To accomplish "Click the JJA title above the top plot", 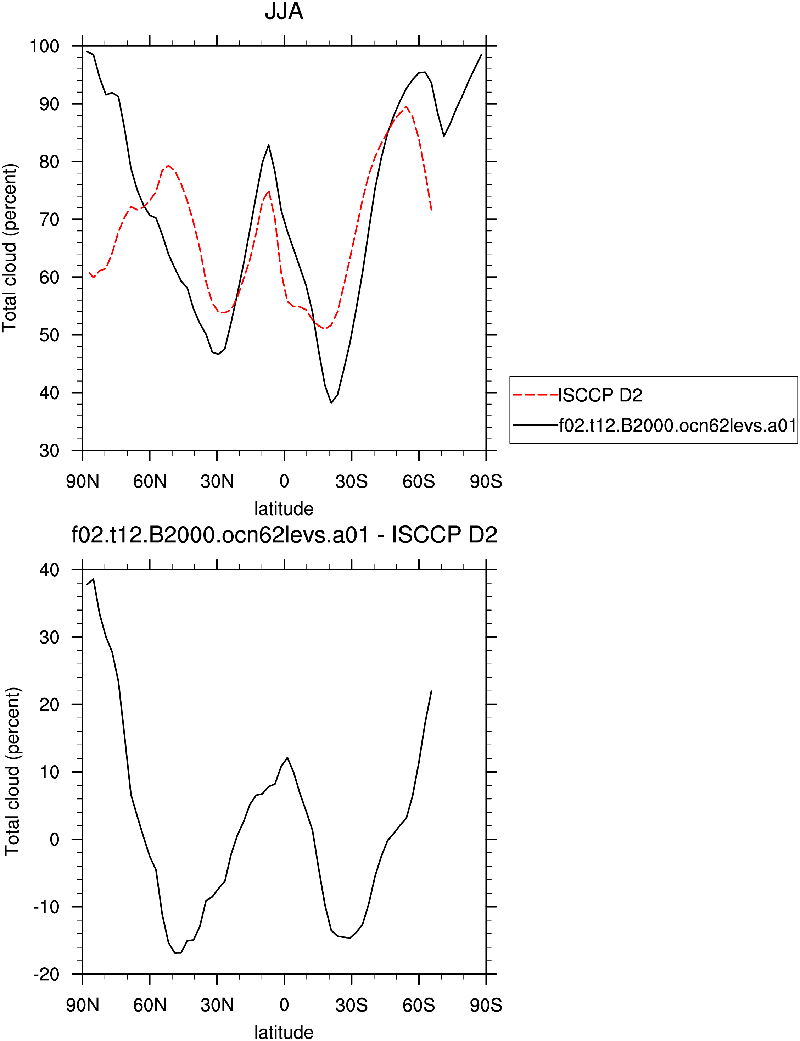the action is pos(284,11).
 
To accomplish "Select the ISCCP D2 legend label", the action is pos(600,395).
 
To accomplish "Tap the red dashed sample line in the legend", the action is pos(535,395).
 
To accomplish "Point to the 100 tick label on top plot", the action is pos(44,46).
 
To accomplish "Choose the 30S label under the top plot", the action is pos(351,481).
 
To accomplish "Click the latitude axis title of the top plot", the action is pos(284,508).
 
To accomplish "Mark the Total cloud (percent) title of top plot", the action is pos(10,247).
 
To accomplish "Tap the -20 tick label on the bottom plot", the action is pos(46,974).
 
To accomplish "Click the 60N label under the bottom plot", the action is pos(150,1005).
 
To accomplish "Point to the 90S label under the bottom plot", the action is pos(486,1005).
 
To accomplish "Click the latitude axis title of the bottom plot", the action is pos(284,1032).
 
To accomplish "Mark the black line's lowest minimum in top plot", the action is pos(331,403).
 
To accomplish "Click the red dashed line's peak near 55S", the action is pos(406,107).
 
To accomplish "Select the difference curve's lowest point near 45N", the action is pos(178,952).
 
